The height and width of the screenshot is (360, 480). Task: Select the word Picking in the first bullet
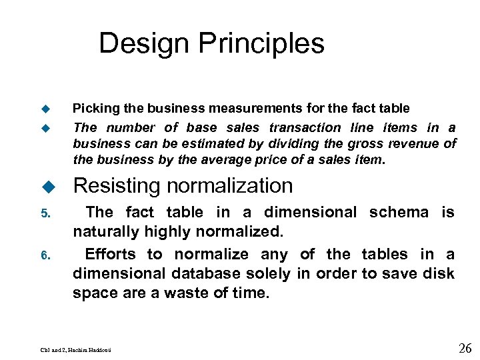(93, 108)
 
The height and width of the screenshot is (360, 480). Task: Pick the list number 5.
(45, 214)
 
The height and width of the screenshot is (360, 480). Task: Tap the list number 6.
(45, 255)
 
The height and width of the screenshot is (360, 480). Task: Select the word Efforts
(111, 254)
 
